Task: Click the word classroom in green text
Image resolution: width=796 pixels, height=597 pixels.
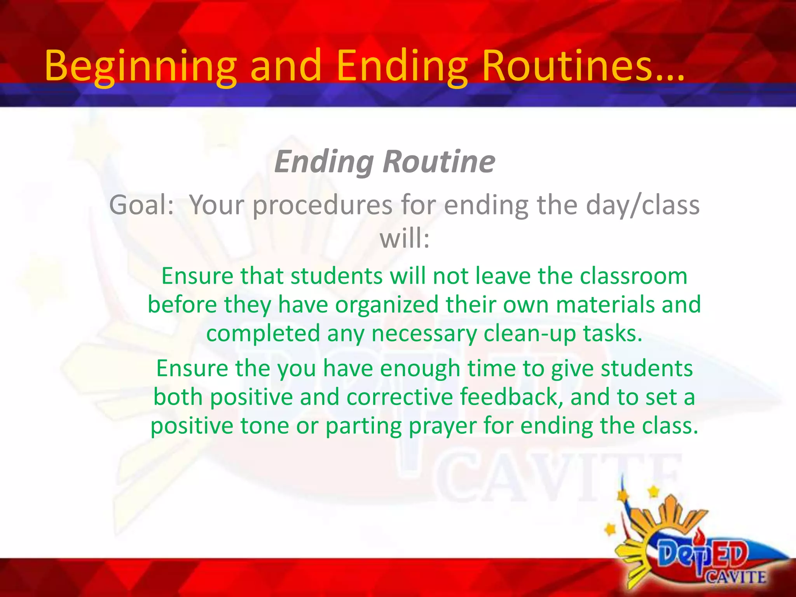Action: coord(633,276)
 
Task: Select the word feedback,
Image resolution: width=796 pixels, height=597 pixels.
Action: coord(511,397)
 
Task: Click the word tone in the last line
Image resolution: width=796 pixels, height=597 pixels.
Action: coord(264,426)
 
